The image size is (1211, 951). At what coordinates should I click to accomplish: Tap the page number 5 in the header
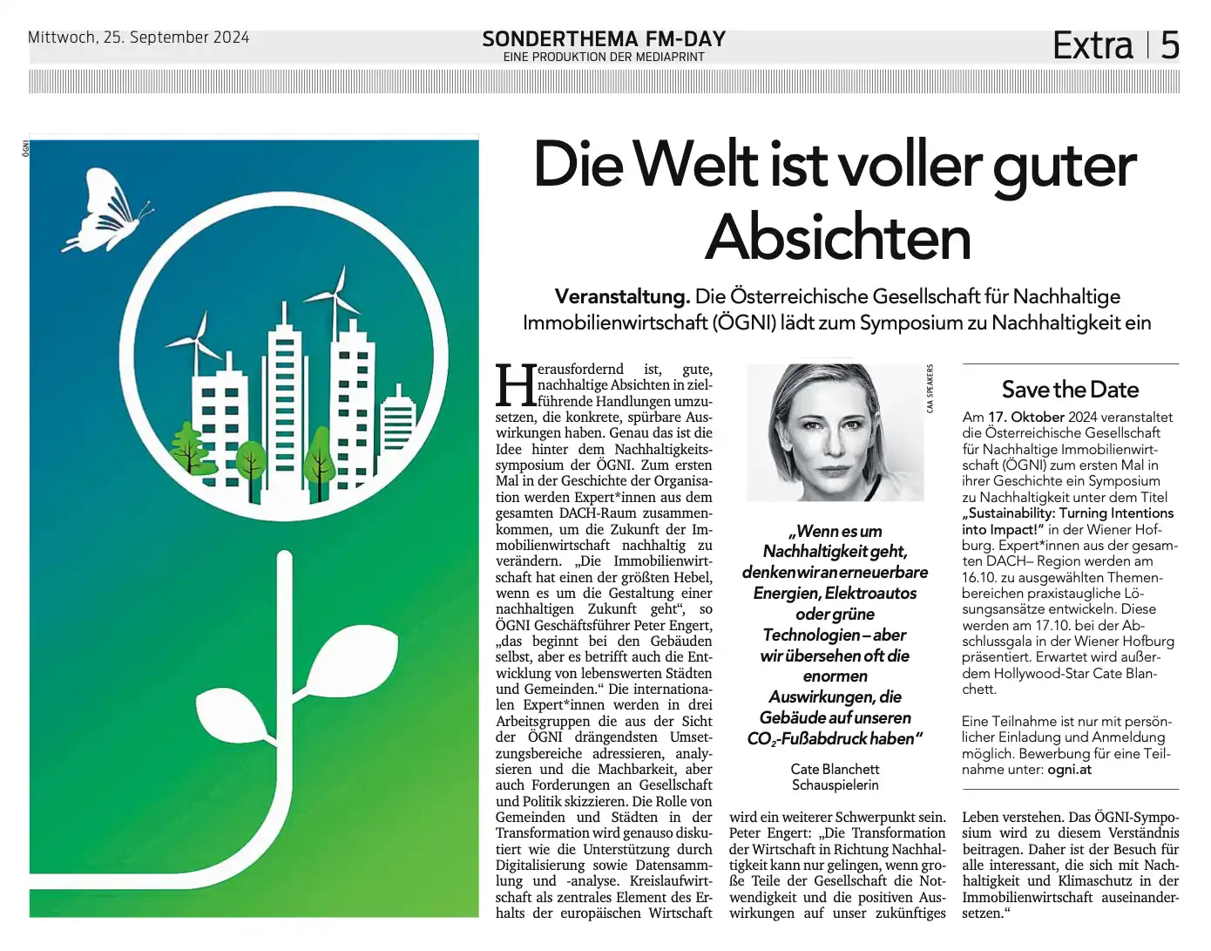1170,45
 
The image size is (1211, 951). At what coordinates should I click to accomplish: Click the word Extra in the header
1093,45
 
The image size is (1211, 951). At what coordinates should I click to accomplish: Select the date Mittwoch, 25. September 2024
139,37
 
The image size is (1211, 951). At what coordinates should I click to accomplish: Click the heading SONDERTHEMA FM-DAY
603,39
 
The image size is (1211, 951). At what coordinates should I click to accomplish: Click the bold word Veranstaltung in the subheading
622,296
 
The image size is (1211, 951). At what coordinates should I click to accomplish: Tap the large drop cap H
514,385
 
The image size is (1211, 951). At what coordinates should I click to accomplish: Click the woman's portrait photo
835,431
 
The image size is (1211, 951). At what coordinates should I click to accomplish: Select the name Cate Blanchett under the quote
835,769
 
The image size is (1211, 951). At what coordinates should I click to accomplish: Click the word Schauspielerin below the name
835,785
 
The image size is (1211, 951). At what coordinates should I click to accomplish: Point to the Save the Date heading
1070,390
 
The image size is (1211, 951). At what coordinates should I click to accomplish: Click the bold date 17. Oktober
1025,418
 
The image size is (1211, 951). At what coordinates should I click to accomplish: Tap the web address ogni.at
1069,769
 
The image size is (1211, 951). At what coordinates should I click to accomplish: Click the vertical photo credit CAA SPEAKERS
930,389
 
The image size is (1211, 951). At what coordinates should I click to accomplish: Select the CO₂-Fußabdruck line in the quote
834,739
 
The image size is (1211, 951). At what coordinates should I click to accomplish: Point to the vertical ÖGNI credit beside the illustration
25,149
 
